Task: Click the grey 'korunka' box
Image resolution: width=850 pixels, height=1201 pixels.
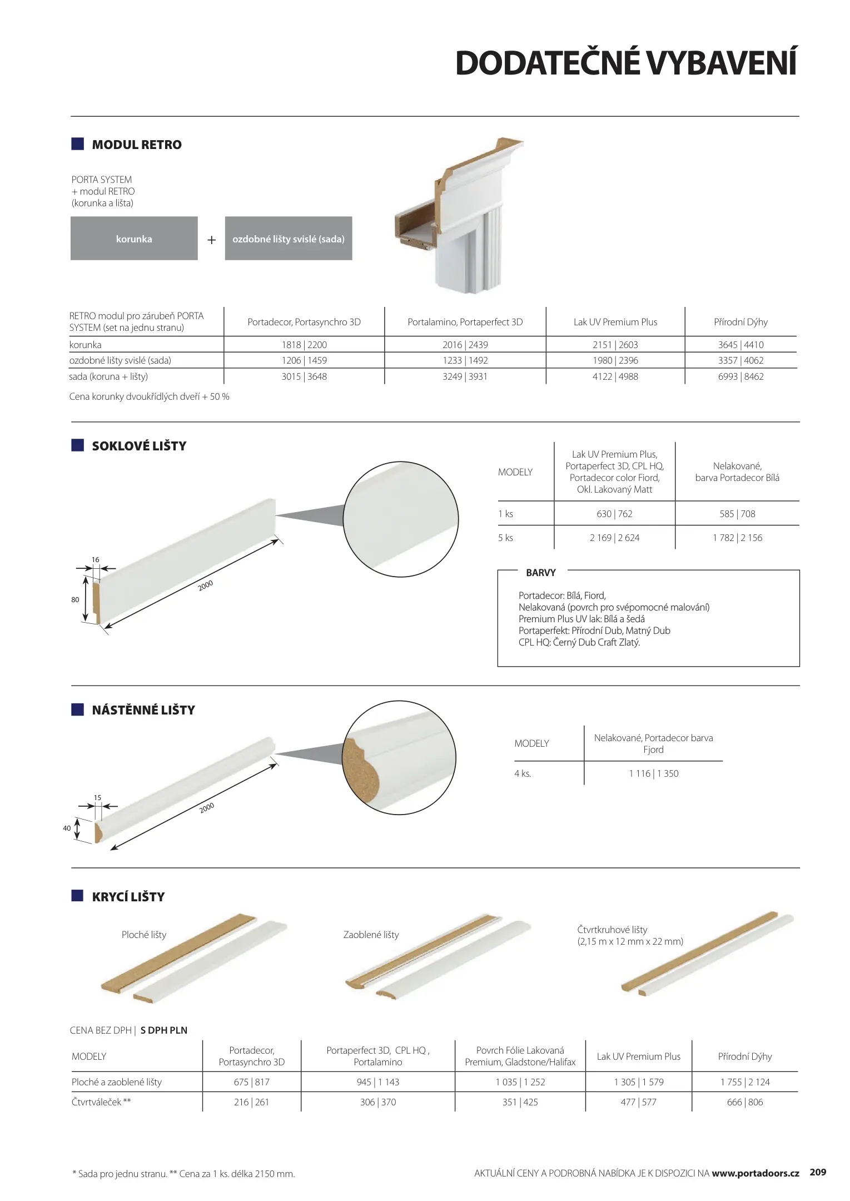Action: (134, 239)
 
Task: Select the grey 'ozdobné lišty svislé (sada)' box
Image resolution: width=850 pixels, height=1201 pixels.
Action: (288, 239)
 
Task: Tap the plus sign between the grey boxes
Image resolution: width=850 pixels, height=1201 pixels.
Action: (211, 240)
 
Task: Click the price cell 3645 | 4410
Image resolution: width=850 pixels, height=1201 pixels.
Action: (740, 345)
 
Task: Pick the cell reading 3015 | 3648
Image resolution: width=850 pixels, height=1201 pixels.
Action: (304, 376)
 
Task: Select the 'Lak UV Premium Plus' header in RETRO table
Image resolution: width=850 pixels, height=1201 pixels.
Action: (615, 322)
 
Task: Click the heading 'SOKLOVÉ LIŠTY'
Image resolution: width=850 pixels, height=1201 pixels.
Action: (139, 446)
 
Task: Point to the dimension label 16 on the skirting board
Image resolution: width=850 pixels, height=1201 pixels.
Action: (96, 560)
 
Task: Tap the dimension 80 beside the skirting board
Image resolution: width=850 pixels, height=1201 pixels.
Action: (75, 600)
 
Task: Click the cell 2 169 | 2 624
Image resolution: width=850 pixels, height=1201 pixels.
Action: (614, 538)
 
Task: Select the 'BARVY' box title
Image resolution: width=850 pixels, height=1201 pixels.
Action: (540, 573)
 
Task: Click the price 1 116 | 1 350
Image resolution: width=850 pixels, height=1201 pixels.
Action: (653, 773)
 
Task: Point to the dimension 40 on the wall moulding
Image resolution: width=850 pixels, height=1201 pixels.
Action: (67, 828)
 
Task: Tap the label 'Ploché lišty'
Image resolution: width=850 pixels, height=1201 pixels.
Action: (144, 935)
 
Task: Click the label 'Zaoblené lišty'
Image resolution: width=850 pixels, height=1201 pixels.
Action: (371, 935)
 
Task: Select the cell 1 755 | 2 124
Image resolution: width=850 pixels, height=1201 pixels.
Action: (744, 1082)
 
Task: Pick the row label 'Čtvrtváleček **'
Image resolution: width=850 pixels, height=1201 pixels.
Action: (101, 1102)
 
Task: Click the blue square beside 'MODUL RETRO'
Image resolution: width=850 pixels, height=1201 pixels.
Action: (78, 144)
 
